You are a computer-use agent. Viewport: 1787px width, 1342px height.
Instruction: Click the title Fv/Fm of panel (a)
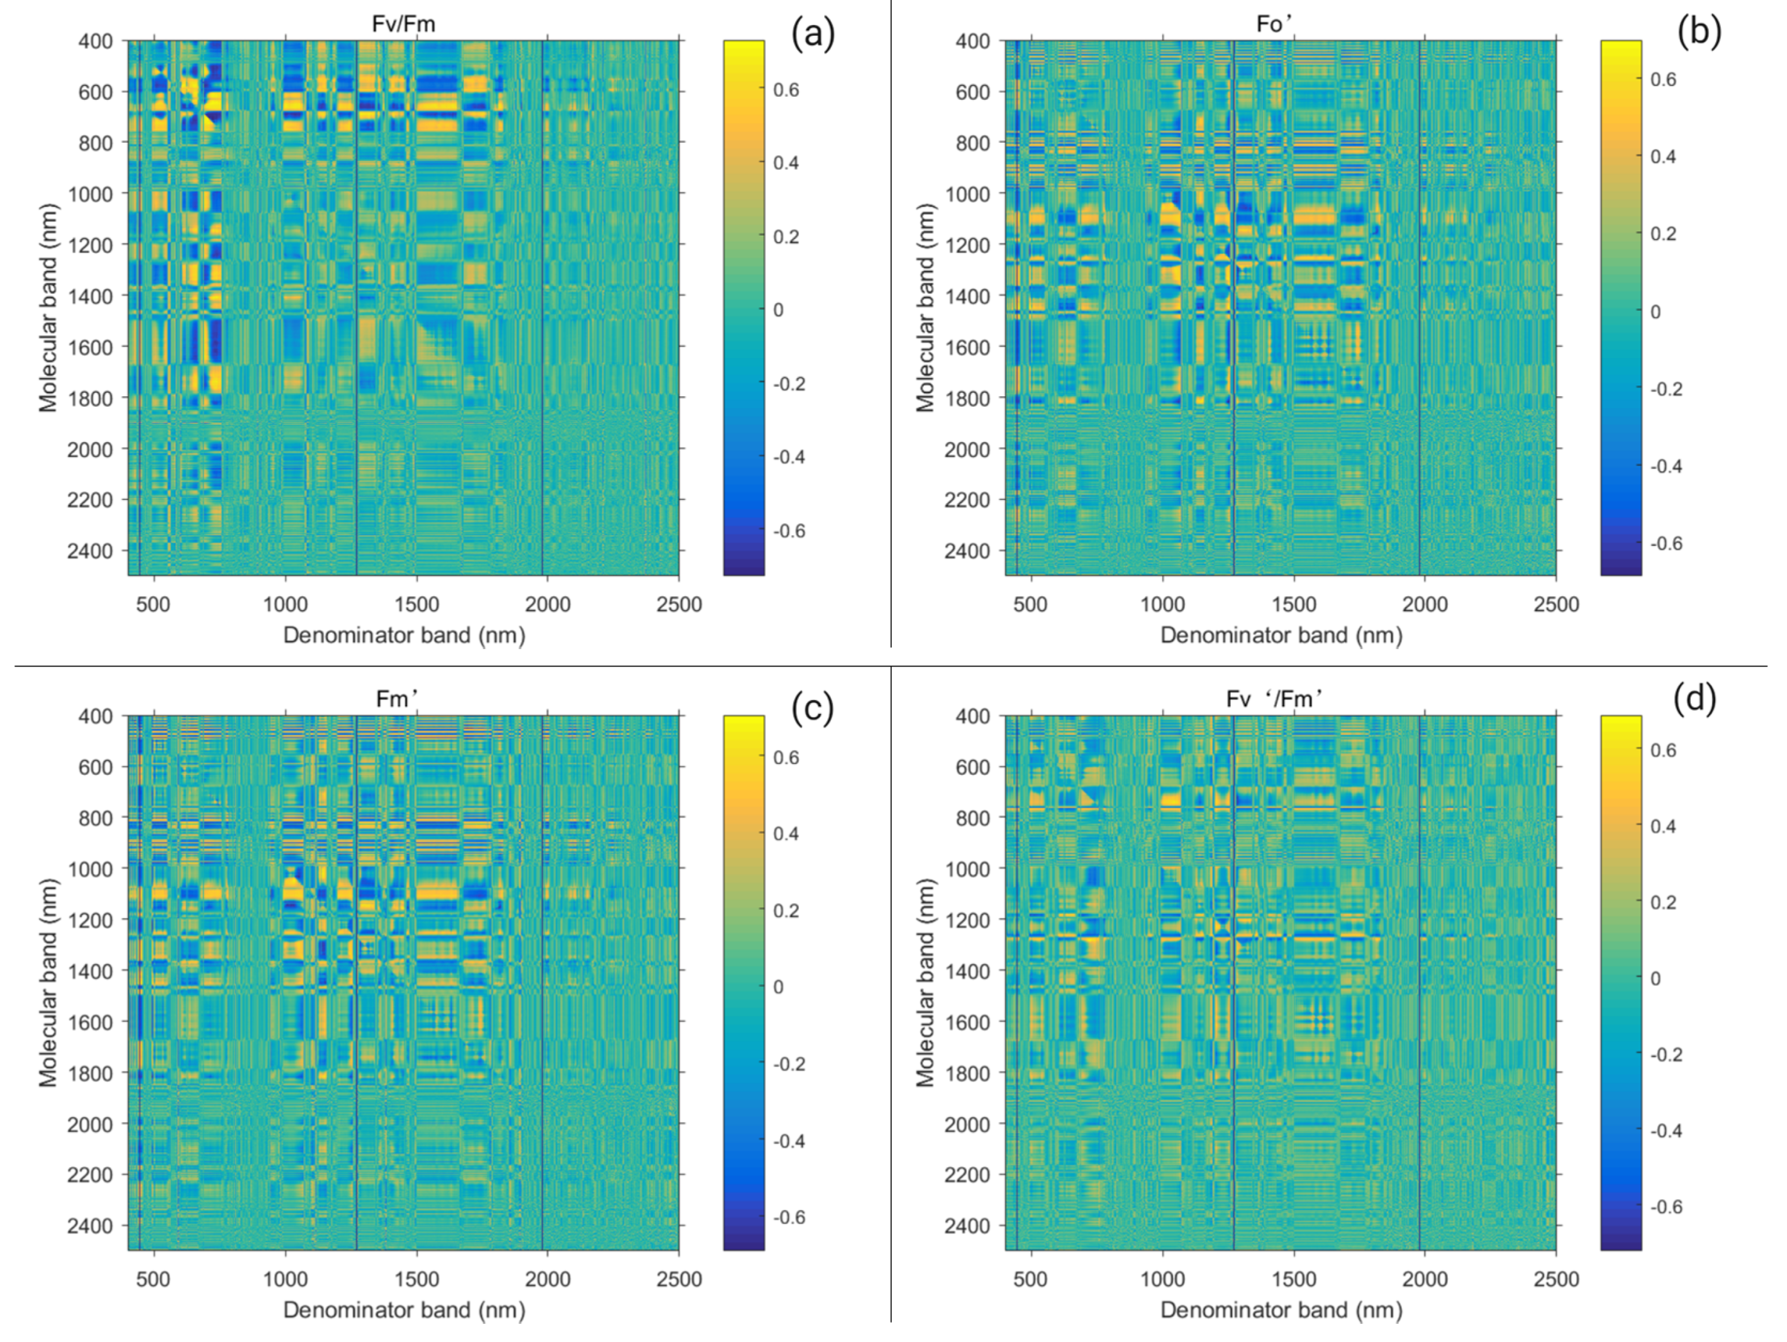[403, 25]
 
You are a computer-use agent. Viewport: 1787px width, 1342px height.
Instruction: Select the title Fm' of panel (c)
[398, 699]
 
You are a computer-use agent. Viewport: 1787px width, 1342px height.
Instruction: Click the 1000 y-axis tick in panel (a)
[90, 194]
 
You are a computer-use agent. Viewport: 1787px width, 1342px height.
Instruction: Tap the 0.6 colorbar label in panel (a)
[786, 90]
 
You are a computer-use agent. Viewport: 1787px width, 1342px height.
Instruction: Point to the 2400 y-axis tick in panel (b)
[966, 552]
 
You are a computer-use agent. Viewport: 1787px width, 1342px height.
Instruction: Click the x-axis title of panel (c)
[404, 1310]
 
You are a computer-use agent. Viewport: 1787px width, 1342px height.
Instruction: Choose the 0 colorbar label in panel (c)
[778, 987]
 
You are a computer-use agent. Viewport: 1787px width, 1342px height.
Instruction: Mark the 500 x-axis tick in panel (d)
[1030, 1280]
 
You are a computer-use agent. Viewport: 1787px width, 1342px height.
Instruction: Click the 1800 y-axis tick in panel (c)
[90, 1073]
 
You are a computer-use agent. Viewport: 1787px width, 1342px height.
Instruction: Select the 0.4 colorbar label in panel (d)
[1663, 826]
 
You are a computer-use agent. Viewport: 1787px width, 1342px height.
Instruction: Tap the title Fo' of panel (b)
[1274, 25]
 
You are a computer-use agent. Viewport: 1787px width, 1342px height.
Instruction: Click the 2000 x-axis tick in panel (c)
[547, 1280]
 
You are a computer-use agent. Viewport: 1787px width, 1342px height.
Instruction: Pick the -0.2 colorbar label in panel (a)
[789, 384]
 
